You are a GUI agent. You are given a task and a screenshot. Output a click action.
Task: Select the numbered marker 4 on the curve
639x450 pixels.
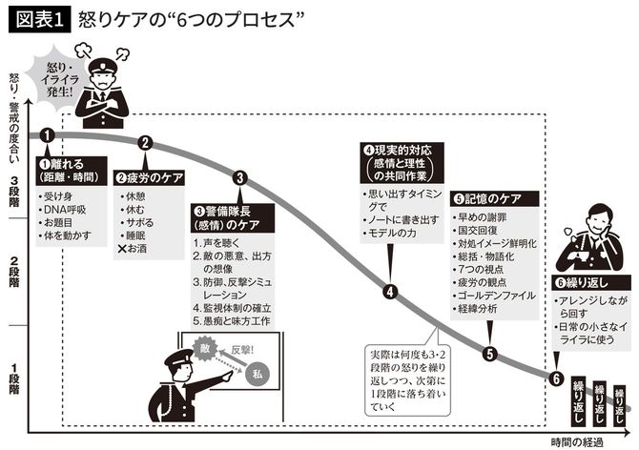pos(390,292)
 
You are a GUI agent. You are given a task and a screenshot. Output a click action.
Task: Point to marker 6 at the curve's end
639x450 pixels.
pos(556,378)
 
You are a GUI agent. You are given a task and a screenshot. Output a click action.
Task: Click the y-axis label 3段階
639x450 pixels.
pos(14,183)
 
